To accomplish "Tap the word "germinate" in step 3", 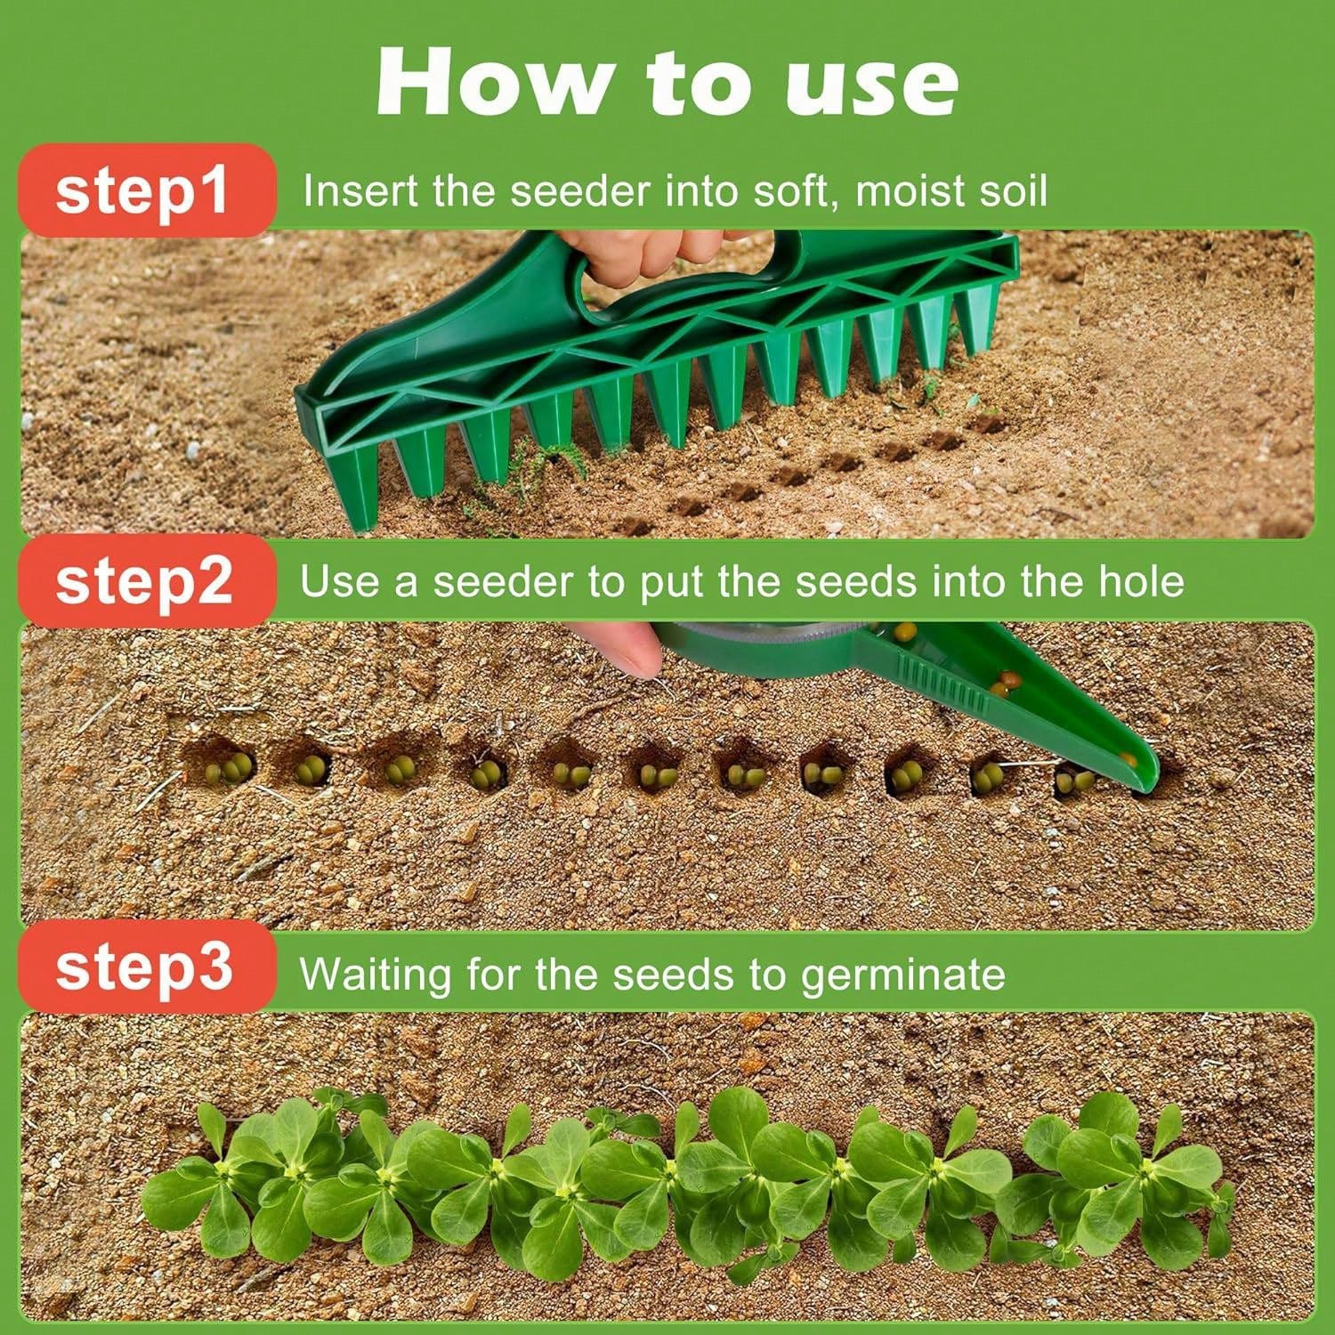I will click(902, 975).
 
